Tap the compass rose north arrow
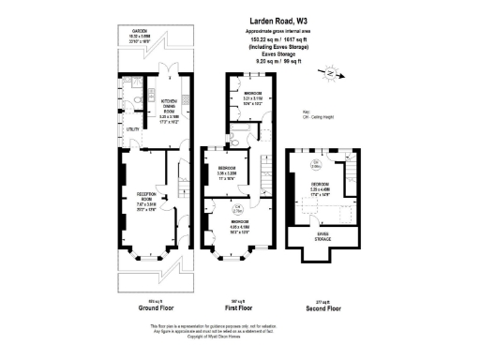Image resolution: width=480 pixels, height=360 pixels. (325, 69)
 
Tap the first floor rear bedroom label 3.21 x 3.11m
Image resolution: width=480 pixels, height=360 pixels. (254, 97)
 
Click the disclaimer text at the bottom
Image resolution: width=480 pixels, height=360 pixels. (239, 330)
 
